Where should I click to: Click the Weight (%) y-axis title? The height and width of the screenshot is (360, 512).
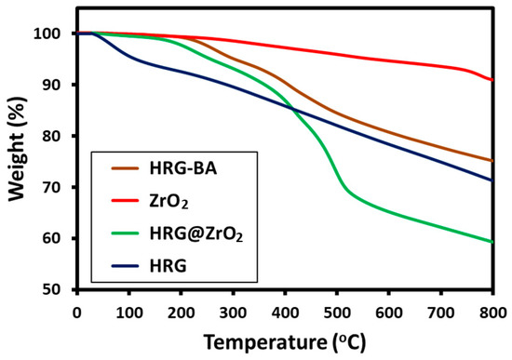19,161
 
